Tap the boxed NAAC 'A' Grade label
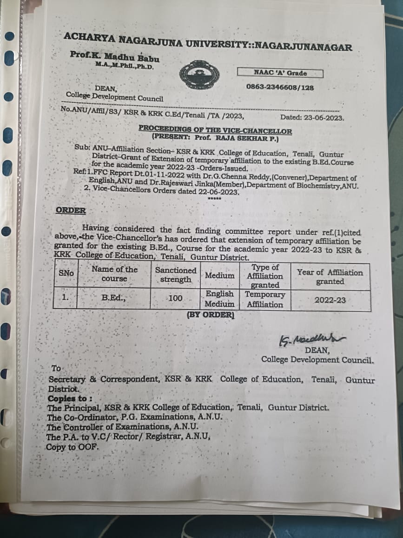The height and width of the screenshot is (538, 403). [x=280, y=73]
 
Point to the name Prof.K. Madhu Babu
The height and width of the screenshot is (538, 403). [x=114, y=57]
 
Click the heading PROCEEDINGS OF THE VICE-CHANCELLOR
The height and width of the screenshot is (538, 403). [x=215, y=131]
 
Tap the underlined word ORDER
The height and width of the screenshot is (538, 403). [x=71, y=210]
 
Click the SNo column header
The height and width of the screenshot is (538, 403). [x=66, y=274]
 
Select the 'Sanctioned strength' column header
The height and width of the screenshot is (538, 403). [x=176, y=275]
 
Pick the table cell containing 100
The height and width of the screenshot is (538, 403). [x=175, y=298]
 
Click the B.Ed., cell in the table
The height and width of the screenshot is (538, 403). [x=114, y=299]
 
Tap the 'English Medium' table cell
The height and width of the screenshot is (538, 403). [x=220, y=299]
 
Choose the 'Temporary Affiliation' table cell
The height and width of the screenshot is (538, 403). [x=265, y=299]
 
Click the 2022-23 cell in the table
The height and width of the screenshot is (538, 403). [x=330, y=300]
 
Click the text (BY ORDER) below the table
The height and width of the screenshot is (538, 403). [x=211, y=315]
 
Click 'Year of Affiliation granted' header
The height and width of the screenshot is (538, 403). [x=330, y=277]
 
